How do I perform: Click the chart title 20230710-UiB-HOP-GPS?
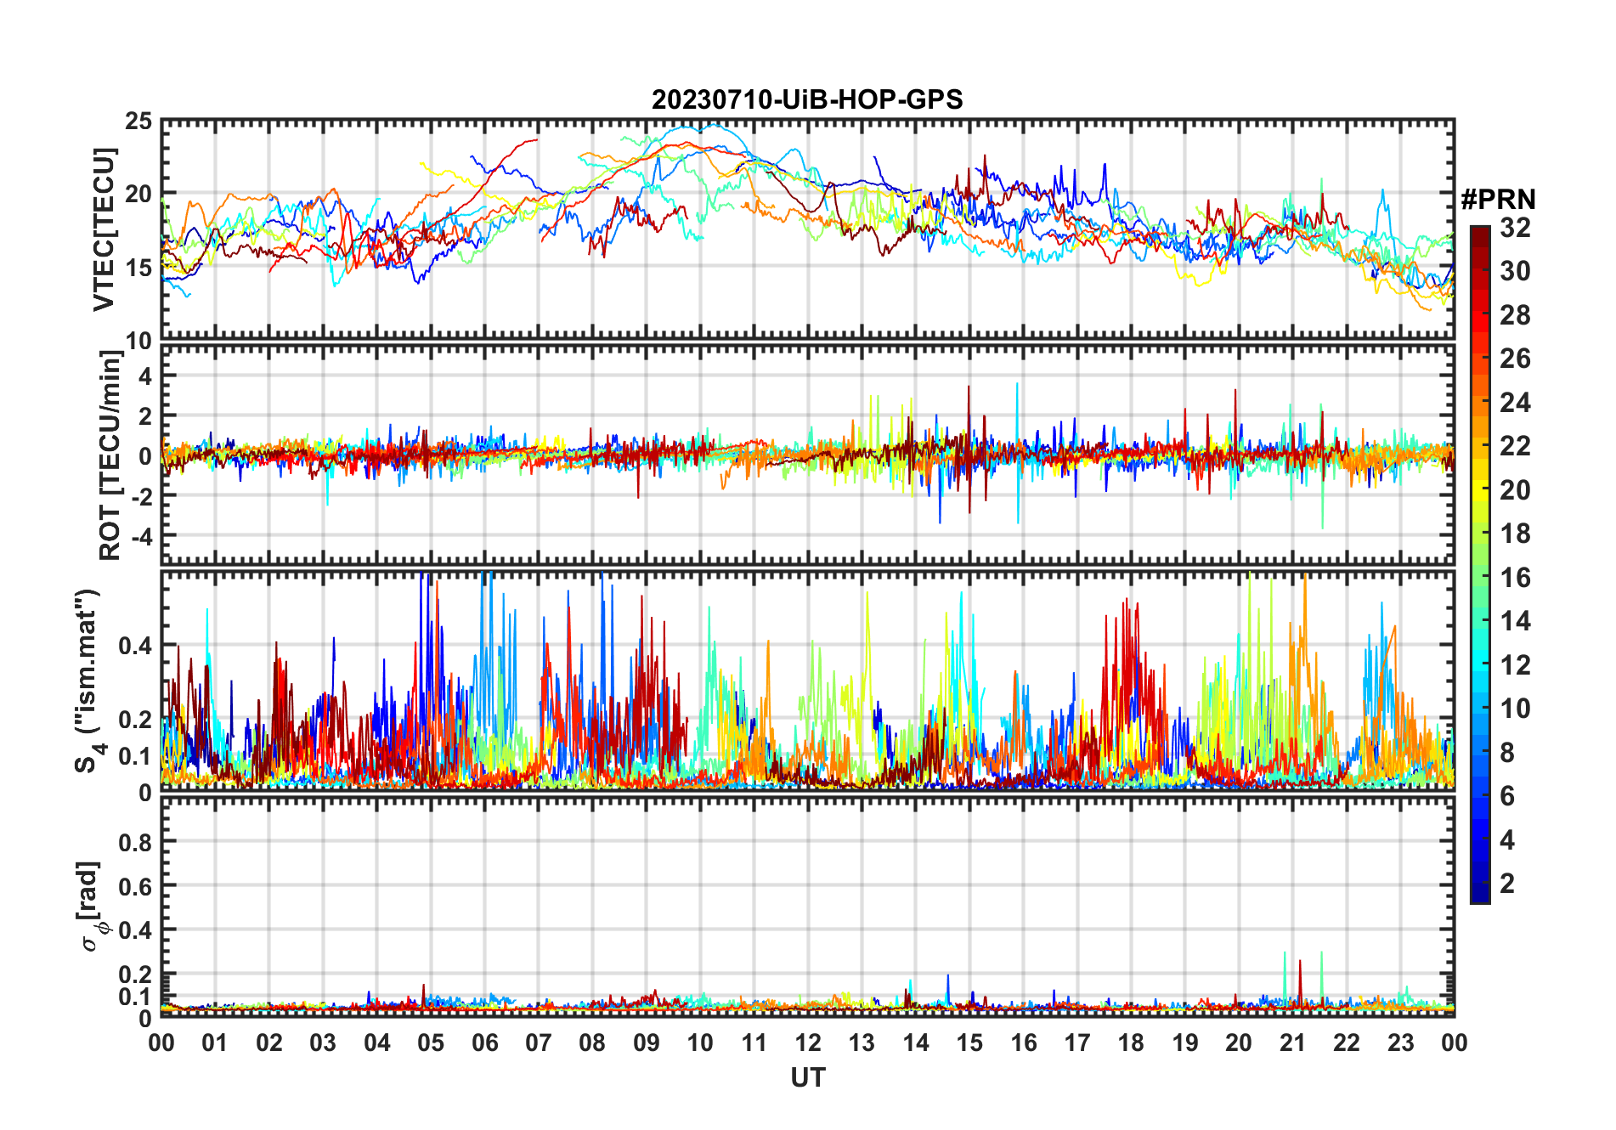point(807,100)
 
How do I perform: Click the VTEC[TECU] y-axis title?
point(104,229)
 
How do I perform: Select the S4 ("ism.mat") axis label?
point(88,681)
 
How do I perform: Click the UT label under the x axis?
point(807,1078)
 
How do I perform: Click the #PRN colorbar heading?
point(1498,200)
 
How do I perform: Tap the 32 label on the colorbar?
point(1515,228)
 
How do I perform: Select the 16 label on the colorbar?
point(1515,578)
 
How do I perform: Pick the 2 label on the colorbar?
point(1507,884)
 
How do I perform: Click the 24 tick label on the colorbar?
point(1515,403)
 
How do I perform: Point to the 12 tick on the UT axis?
point(808,1043)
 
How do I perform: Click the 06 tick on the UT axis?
point(485,1043)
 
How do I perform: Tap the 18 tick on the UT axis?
point(1131,1043)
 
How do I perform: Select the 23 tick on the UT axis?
point(1400,1043)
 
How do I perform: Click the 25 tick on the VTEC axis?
point(138,121)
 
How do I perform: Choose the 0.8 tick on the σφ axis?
point(136,842)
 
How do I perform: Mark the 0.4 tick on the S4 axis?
point(136,646)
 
